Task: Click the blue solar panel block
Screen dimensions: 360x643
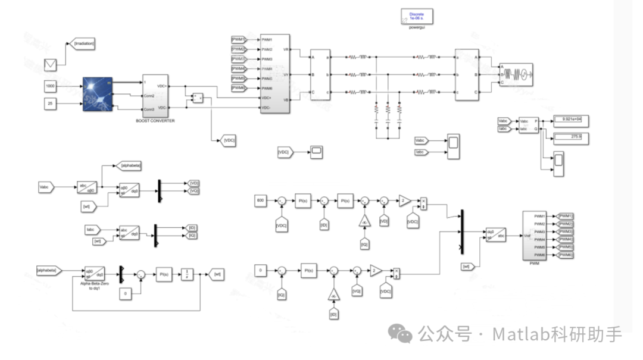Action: coord(98,93)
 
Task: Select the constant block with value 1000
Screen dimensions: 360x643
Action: coord(50,86)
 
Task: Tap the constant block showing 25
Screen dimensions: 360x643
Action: coord(50,104)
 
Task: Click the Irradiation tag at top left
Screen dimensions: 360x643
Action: coord(83,43)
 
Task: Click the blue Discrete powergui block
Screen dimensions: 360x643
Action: coord(416,17)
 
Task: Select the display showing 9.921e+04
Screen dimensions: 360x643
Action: coord(570,120)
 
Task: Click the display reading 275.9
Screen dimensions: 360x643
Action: coord(570,137)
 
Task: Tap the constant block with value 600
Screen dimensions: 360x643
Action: coord(260,201)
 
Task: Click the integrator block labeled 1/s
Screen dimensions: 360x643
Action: coord(187,274)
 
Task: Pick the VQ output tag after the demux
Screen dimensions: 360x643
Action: coord(193,191)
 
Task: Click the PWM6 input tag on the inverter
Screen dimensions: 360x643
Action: coord(238,88)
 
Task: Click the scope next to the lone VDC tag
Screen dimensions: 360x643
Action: coord(316,152)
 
